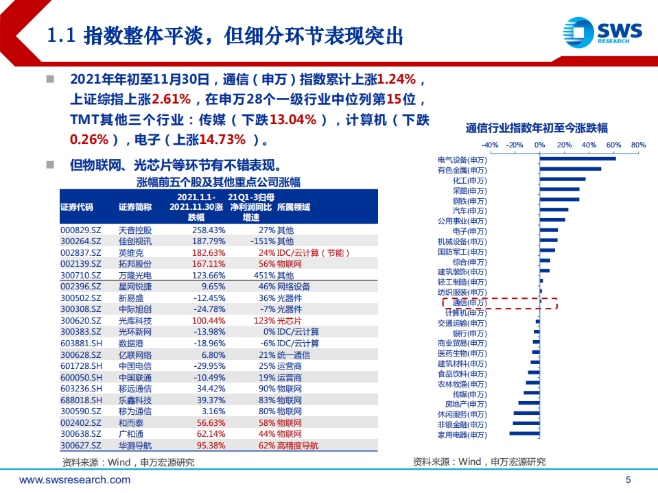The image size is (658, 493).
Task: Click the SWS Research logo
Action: coord(602,31)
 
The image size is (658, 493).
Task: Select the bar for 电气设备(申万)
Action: coord(577,159)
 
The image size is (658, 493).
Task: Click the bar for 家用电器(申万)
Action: coord(524,434)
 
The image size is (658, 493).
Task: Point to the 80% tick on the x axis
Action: coord(638,145)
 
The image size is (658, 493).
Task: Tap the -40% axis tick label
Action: coord(490,145)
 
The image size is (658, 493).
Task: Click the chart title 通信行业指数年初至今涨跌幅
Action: coord(536,128)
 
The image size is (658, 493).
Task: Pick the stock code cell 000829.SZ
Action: coord(81,230)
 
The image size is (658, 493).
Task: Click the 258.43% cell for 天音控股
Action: coord(207,230)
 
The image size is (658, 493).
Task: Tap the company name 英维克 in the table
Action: coord(130,252)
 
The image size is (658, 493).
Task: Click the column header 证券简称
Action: coord(134,206)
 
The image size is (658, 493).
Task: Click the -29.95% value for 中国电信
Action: coord(209,366)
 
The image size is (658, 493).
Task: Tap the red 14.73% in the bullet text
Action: coord(222,140)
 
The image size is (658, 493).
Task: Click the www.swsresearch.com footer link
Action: coord(75,480)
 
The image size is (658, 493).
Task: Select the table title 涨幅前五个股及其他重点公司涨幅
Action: coord(218,182)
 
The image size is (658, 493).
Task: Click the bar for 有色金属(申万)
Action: coord(569,169)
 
